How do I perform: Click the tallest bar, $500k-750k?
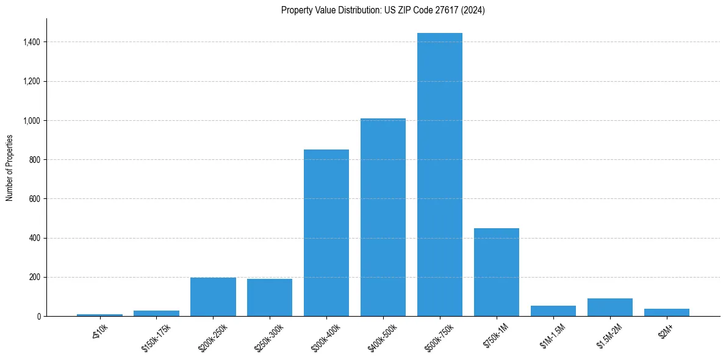[440, 175]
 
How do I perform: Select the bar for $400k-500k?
[383, 217]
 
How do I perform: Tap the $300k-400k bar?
[326, 232]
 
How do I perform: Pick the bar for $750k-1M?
[497, 272]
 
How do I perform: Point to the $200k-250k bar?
[213, 297]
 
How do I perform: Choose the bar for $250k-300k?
[270, 297]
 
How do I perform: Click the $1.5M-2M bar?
[610, 307]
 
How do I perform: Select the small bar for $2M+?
[667, 312]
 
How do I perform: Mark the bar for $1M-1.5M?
[553, 311]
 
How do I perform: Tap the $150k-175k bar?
[156, 313]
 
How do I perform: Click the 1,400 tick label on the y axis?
[32, 42]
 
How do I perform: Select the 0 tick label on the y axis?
[38, 317]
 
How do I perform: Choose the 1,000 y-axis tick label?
[32, 121]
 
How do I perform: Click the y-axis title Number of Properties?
[10, 168]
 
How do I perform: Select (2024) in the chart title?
[474, 10]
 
